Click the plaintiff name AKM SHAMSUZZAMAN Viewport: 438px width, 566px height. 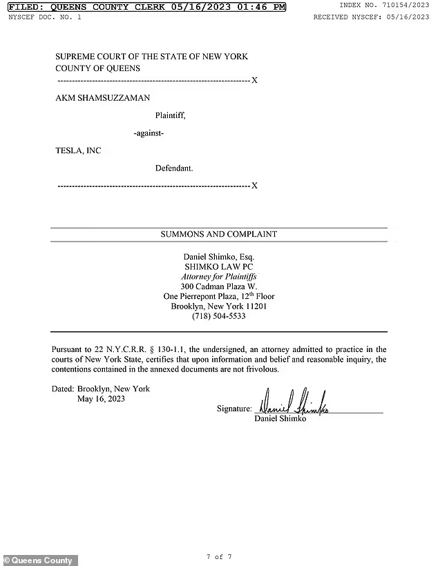pos(102,98)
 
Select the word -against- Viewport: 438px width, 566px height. pos(149,133)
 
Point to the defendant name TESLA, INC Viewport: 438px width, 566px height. pos(78,150)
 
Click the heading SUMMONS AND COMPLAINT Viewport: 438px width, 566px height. pos(219,234)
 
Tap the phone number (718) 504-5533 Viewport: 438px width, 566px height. pos(219,316)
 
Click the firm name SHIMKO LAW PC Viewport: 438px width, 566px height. pos(219,266)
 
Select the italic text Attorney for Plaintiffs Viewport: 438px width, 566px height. pos(219,276)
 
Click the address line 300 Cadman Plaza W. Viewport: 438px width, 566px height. pos(219,286)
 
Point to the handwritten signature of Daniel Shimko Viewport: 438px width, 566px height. pos(294,404)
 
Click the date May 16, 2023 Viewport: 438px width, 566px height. pos(101,399)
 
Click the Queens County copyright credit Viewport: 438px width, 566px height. pos(39,560)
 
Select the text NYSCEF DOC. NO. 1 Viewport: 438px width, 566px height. pos(44,17)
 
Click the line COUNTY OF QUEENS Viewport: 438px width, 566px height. pos(97,68)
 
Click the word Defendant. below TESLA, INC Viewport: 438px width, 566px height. pos(174,168)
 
